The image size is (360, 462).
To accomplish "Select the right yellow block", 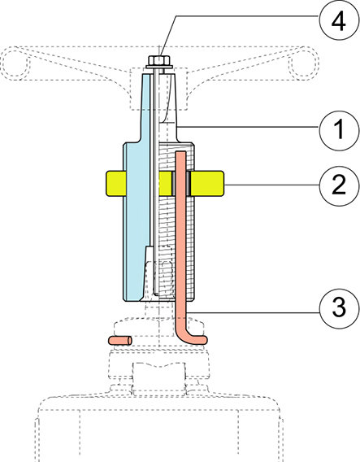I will pyautogui.click(x=209, y=182).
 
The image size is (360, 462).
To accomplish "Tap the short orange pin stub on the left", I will pyautogui.click(x=121, y=337).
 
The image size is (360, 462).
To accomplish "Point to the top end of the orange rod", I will pyautogui.click(x=180, y=155).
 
